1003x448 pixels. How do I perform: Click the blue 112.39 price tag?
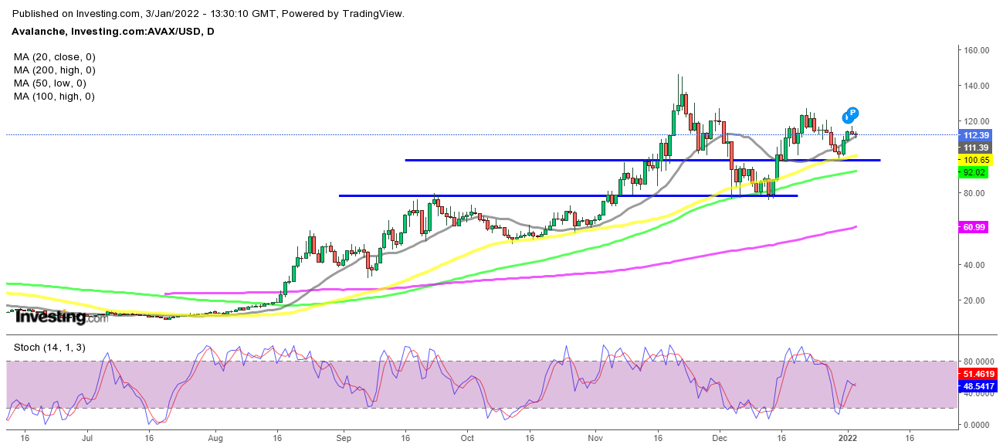[974, 135]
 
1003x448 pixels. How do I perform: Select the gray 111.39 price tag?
[974, 148]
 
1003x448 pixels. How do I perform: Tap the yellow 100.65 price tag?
[974, 160]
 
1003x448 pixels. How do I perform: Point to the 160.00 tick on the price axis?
[976, 50]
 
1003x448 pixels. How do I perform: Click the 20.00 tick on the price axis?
[976, 300]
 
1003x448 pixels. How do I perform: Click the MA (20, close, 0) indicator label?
[54, 57]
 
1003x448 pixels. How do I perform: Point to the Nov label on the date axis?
[595, 437]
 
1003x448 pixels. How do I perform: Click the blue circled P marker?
[852, 113]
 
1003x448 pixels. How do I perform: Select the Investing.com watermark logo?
[62, 317]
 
